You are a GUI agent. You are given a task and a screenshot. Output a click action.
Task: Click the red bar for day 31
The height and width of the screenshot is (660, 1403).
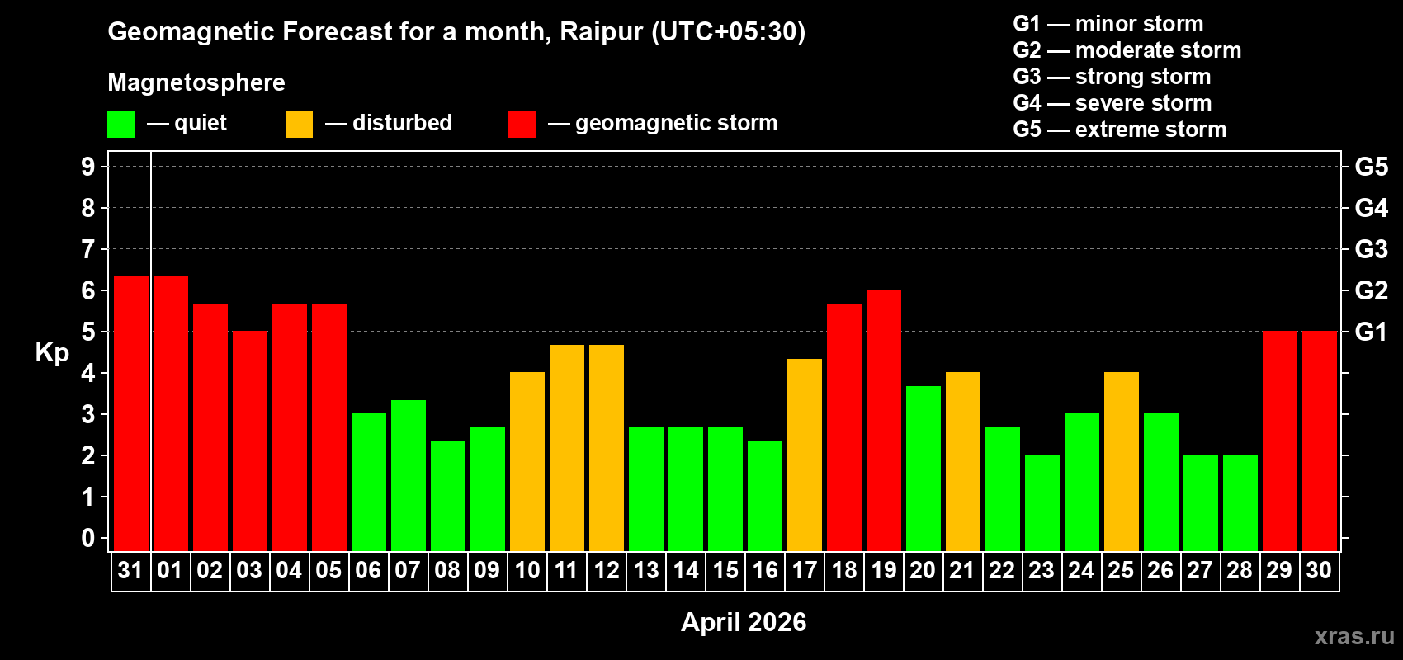(130, 413)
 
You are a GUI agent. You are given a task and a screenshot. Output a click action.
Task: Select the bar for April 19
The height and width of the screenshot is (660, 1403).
(883, 420)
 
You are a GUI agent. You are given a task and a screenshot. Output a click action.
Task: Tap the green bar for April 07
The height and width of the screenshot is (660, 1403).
(408, 475)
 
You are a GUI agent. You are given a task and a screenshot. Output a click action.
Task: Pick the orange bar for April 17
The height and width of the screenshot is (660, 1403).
(804, 455)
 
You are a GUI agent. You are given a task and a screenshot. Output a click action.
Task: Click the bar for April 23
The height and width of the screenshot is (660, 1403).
(1042, 502)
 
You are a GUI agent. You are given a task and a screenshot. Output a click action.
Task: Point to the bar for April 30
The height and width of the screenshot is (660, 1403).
(1319, 441)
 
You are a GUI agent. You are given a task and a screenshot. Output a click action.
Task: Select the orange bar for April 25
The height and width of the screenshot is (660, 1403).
(1121, 461)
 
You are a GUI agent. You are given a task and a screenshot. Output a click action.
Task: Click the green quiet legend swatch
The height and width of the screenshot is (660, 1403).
(120, 125)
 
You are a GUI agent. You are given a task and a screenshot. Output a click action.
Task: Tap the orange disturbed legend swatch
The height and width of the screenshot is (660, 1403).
(299, 125)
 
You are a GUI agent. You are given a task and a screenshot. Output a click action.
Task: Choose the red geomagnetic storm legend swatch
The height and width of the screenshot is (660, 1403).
(522, 125)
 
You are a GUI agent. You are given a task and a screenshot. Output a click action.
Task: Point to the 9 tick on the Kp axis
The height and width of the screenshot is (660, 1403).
(88, 167)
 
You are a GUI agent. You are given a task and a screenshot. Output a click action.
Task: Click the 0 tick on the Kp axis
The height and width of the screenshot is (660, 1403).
(88, 539)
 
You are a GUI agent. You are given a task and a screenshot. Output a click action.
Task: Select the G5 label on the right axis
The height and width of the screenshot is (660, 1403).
(1371, 167)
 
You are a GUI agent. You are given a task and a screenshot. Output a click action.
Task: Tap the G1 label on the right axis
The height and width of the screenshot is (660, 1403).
(1371, 332)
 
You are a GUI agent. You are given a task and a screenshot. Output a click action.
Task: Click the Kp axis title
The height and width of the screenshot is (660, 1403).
(52, 353)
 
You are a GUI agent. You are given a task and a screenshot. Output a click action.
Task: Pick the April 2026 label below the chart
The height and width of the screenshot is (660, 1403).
(743, 622)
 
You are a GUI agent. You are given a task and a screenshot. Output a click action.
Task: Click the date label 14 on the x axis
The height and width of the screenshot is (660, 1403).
(685, 570)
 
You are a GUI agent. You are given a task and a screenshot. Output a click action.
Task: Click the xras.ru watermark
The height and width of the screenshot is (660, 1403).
(1353, 636)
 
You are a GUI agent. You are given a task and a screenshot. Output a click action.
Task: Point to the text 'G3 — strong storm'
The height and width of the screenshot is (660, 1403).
(1112, 77)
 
